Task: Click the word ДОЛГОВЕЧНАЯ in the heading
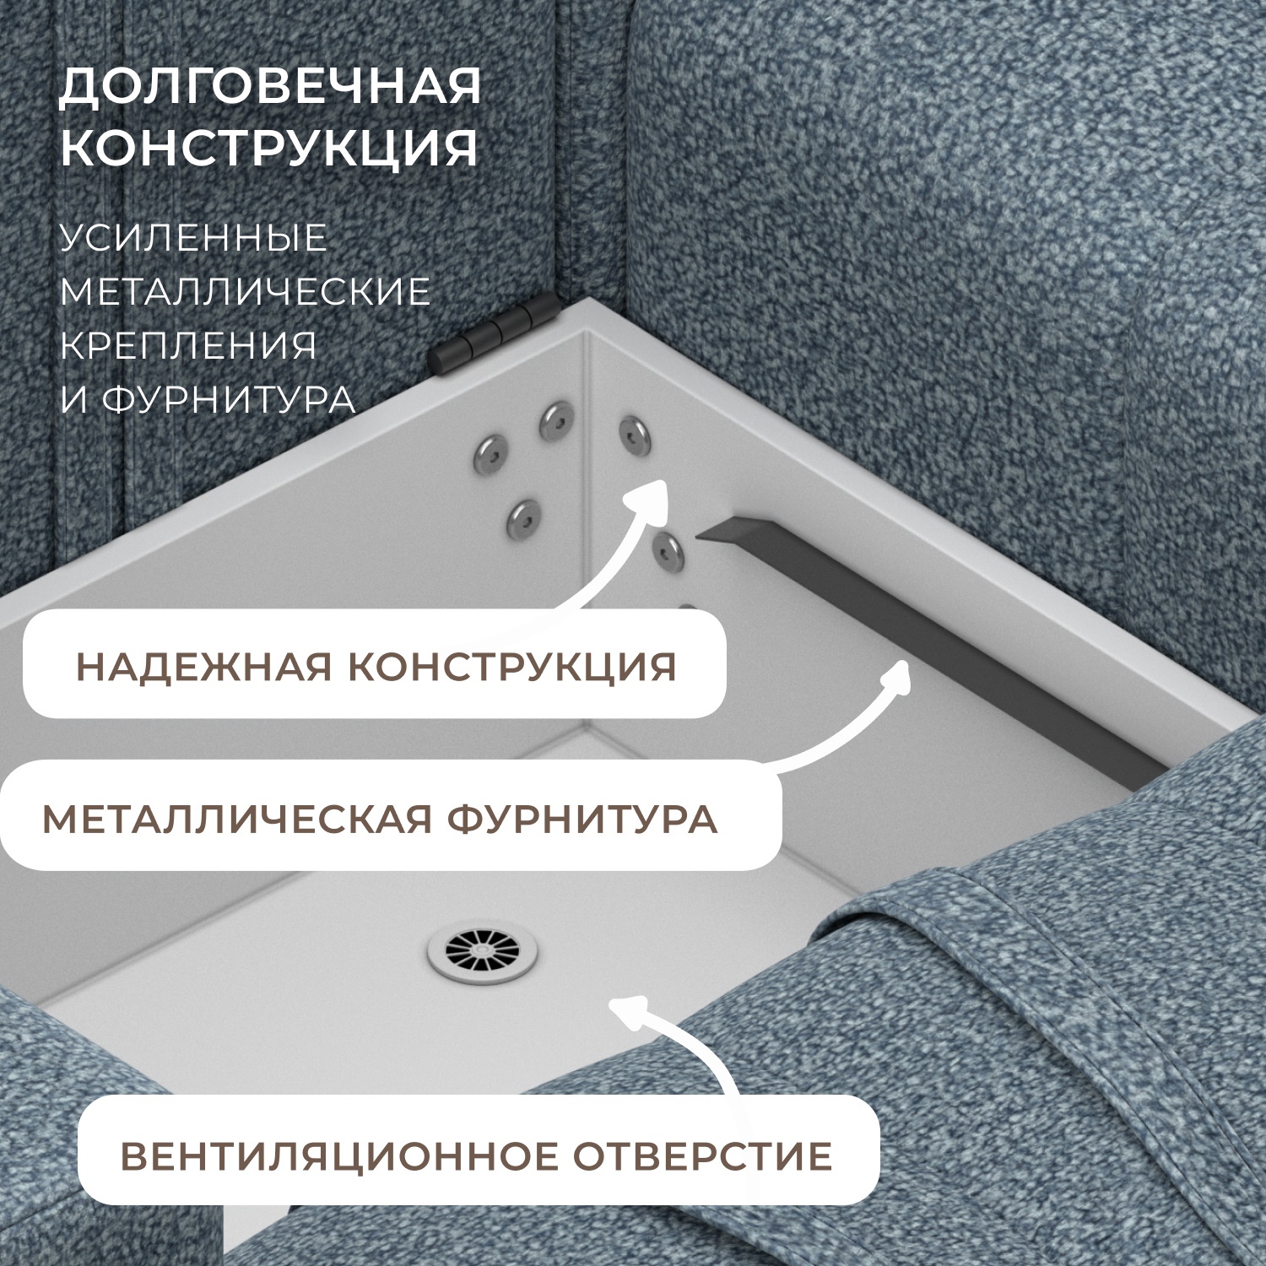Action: pyautogui.click(x=270, y=87)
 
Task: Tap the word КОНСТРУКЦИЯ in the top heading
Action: pyautogui.click(x=268, y=147)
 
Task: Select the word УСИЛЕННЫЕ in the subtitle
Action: pyautogui.click(x=193, y=238)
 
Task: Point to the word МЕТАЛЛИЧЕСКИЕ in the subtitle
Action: pyautogui.click(x=245, y=292)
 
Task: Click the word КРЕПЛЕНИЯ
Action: pyautogui.click(x=188, y=346)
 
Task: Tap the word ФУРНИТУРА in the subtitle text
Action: pyautogui.click(x=229, y=400)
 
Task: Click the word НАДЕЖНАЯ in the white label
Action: pyautogui.click(x=203, y=667)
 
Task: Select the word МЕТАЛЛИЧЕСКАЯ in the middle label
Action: pyautogui.click(x=236, y=820)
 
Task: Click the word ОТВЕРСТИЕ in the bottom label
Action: pyautogui.click(x=703, y=1156)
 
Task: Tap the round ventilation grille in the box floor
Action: pyautogui.click(x=482, y=954)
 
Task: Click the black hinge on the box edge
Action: pyautogui.click(x=494, y=335)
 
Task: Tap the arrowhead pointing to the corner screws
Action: pyautogui.click(x=651, y=494)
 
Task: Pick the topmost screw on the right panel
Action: pyautogui.click(x=635, y=433)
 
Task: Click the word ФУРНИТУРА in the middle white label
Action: pyautogui.click(x=582, y=820)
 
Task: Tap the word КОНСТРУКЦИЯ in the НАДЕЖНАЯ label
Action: pyautogui.click(x=512, y=667)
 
